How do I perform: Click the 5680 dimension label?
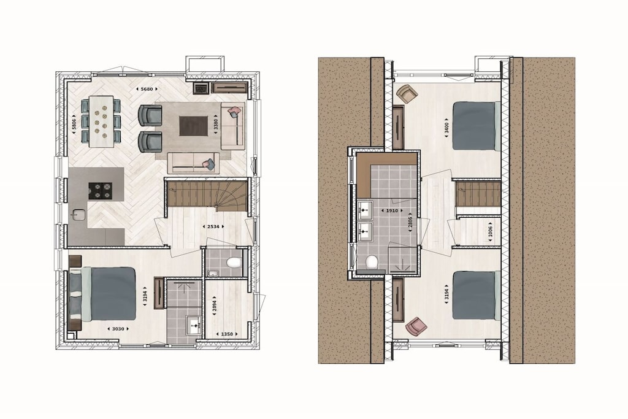coord(147,89)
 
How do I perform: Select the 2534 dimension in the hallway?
coord(213,227)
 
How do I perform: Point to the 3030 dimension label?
coord(118,329)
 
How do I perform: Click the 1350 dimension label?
coord(227,334)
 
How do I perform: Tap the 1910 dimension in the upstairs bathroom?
coord(392,210)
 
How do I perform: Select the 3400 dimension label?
coord(447,128)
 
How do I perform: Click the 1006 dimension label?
coord(491,231)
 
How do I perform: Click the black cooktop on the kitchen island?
coord(100,191)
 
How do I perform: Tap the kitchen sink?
coord(78,215)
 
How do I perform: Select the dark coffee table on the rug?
coord(193,126)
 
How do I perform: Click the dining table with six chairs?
coord(101,121)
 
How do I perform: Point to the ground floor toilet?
coord(232,263)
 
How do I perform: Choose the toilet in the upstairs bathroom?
coord(372,262)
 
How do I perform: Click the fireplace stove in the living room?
coord(201,88)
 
